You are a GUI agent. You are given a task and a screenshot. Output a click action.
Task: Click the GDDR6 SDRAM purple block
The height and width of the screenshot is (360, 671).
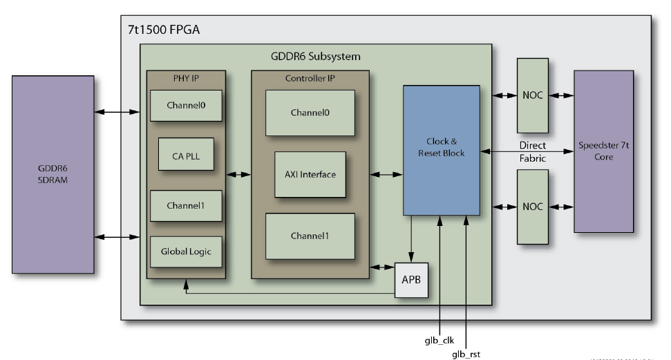coord(53,174)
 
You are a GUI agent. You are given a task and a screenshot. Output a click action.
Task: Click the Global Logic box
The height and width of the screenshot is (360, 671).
coord(186,252)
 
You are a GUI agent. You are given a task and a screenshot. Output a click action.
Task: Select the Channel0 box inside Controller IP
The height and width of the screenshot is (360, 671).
coord(310,113)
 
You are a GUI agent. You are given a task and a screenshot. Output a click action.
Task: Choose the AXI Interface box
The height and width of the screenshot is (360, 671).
coord(310,174)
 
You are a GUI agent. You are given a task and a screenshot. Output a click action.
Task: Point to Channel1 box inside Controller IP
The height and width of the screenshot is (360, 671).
coord(310,236)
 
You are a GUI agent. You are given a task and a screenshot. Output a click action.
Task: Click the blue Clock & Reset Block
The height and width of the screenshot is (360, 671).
coord(441,149)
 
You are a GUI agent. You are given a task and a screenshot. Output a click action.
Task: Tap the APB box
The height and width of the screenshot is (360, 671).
coord(411,281)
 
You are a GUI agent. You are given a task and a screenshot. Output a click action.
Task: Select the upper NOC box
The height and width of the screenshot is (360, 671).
coord(532,95)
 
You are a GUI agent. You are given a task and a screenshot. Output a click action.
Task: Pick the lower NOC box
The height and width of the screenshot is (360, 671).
coord(532,206)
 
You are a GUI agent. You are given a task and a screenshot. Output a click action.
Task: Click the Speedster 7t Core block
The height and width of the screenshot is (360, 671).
coord(604,151)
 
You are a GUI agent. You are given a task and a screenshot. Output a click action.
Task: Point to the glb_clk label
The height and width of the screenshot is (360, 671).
coord(440,340)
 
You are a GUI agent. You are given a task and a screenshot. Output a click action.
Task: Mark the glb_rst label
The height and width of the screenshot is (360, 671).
coord(466,354)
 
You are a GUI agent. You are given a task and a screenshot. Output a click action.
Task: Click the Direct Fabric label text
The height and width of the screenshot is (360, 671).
coord(533,151)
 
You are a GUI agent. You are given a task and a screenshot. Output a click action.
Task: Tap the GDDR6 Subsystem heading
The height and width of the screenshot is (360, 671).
coord(315,55)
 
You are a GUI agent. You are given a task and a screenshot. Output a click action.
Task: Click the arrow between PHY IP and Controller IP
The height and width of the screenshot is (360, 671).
coord(238,176)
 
